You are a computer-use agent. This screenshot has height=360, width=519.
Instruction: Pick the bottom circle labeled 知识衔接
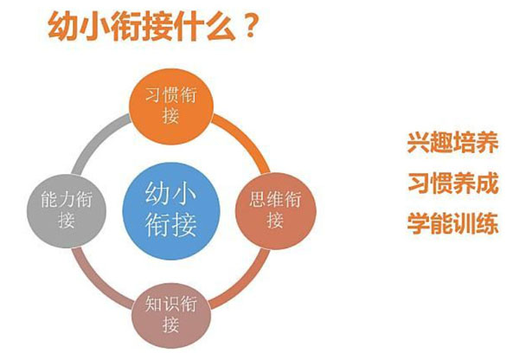(x=170, y=313)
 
